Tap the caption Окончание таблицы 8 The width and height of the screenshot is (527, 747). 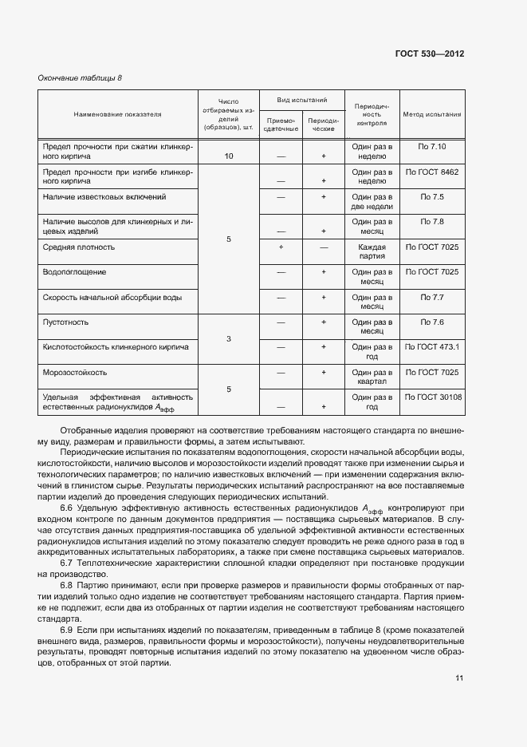tap(80, 77)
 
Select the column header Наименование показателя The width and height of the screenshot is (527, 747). tap(117, 114)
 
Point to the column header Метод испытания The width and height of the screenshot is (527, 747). tap(432, 114)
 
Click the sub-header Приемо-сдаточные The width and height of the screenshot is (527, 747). tap(281, 124)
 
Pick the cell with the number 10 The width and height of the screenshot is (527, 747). tap(229, 156)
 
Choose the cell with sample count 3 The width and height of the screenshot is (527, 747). tap(229, 339)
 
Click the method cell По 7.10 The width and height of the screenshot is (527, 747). tap(432, 147)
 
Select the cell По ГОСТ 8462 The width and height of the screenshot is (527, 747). tap(432, 172)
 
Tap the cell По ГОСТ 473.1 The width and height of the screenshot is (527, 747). tap(432, 347)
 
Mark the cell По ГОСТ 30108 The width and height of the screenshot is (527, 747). tap(432, 397)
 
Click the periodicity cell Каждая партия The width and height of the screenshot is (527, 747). tap(372, 252)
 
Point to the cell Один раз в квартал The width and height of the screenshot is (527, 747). tap(372, 377)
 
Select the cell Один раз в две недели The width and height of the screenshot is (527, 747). tap(372, 202)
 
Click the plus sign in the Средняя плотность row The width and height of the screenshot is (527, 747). tap(281, 247)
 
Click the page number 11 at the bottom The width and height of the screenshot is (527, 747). tap(459, 678)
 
